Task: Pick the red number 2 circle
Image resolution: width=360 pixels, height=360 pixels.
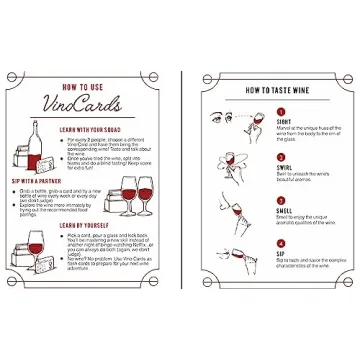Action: (x=281, y=154)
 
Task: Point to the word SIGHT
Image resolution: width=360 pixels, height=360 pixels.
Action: (x=283, y=123)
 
